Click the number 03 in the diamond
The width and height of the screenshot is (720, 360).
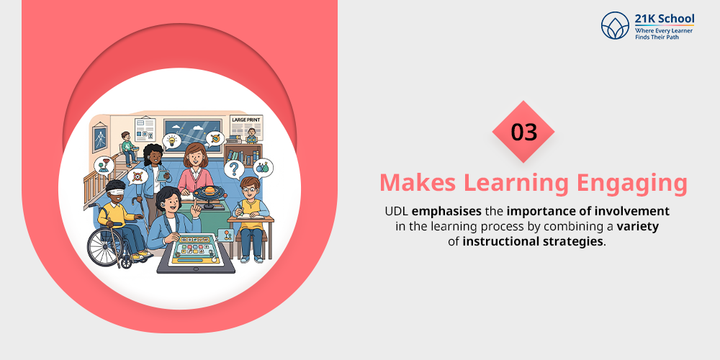pos(523,132)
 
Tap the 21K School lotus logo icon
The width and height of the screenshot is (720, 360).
pos(615,25)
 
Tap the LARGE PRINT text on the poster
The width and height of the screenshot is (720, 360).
pos(246,120)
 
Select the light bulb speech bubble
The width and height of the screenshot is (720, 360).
pos(172,140)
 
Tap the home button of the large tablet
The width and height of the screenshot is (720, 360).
pos(195,269)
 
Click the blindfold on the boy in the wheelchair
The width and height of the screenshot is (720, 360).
pos(117,190)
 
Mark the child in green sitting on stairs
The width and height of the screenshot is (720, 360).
pos(127,148)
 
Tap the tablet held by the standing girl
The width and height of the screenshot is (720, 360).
pos(157,174)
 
